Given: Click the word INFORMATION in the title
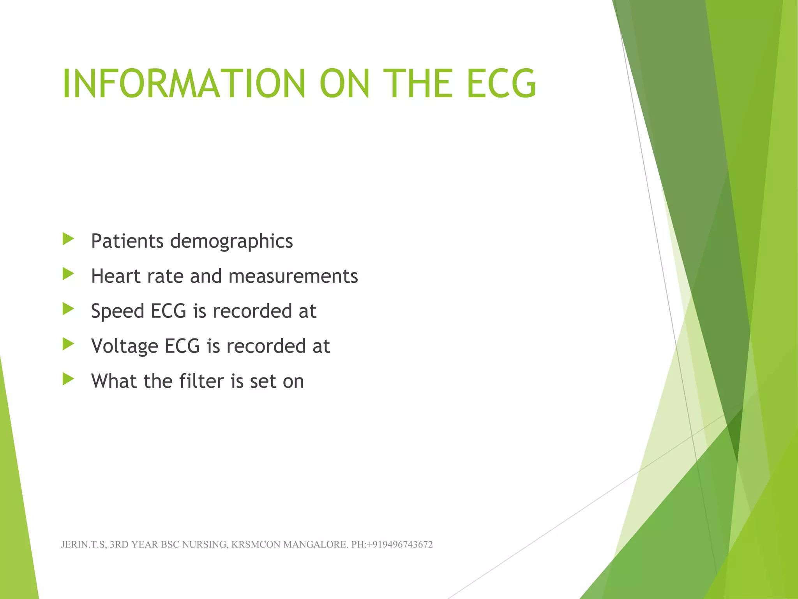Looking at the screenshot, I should coord(184,83).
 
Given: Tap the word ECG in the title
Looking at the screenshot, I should coord(501,83).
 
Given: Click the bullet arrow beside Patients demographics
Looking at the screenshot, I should coord(68,239).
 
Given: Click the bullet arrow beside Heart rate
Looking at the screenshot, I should coord(68,274).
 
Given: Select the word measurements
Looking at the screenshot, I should coord(293,276).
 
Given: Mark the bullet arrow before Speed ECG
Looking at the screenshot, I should coord(68,309).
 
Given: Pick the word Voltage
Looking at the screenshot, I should coord(124,347).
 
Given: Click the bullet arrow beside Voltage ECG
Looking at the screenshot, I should coord(68,344).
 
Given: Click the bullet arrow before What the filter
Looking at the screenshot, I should coord(68,379).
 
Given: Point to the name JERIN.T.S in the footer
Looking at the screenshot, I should coord(83,544).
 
